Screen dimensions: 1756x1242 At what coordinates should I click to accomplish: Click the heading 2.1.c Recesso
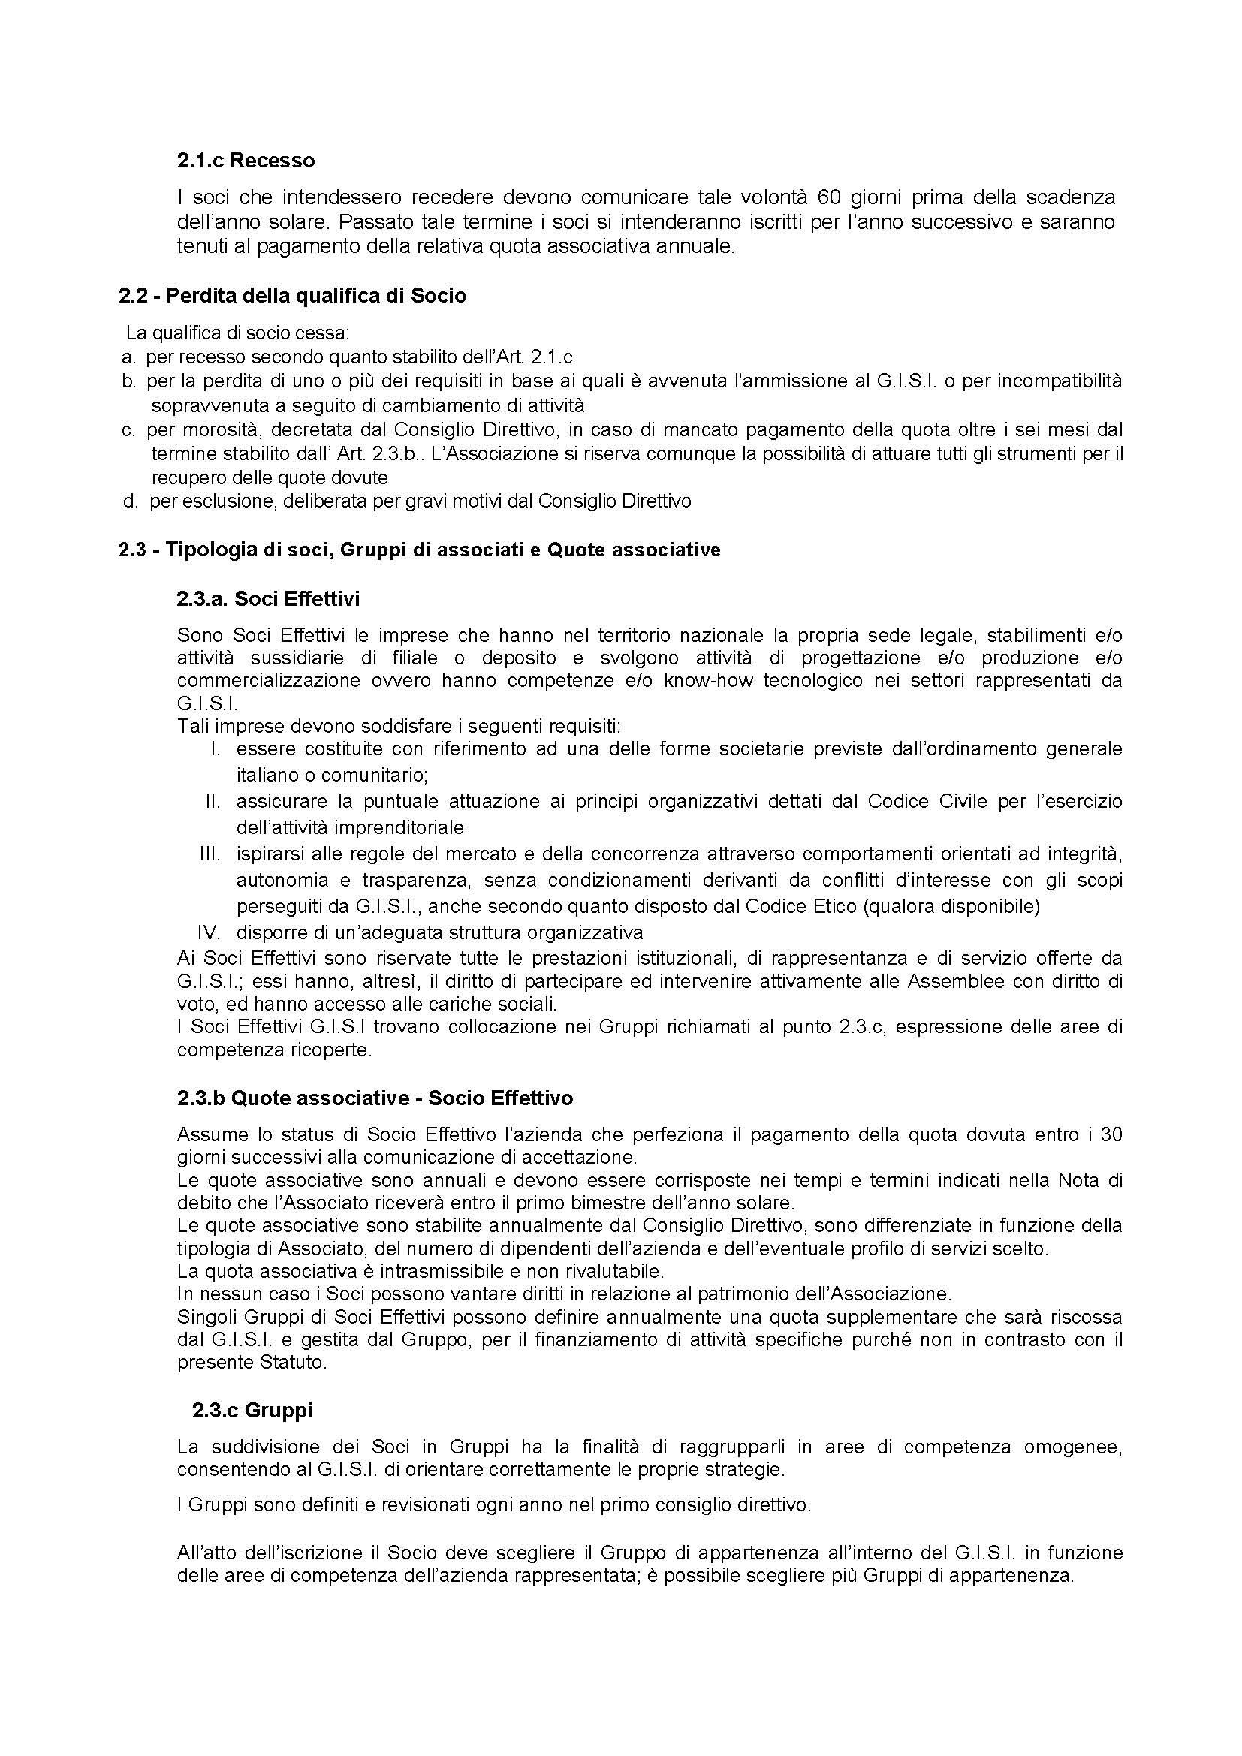pyautogui.click(x=246, y=161)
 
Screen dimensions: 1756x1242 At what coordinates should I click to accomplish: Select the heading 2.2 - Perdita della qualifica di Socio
pyautogui.click(x=292, y=295)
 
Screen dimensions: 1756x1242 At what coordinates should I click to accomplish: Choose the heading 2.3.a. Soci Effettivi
pyautogui.click(x=267, y=599)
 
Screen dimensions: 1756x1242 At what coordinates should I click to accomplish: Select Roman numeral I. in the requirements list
pyautogui.click(x=216, y=748)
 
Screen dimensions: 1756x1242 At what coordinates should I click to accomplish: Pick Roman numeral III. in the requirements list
pyautogui.click(x=210, y=854)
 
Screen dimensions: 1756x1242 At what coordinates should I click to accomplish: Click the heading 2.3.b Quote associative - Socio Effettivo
pyautogui.click(x=375, y=1098)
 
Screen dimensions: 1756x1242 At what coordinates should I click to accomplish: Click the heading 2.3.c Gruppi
pyautogui.click(x=252, y=1411)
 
